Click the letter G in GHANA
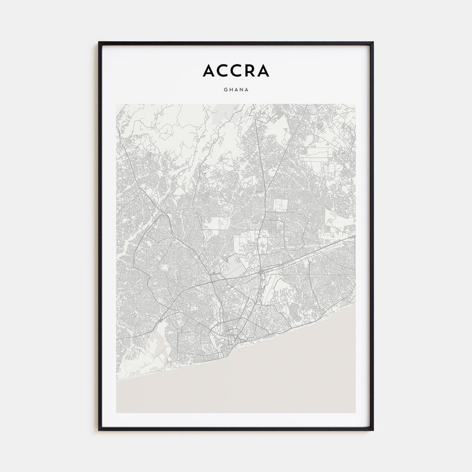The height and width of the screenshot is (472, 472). pos(225,89)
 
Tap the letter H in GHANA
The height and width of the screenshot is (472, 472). pos(230,89)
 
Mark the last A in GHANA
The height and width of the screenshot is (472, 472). pos(247,89)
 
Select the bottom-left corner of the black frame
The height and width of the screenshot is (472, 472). pos(99,430)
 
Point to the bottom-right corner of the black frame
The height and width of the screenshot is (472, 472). pos(373,430)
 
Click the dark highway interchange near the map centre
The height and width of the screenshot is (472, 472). pos(261,272)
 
